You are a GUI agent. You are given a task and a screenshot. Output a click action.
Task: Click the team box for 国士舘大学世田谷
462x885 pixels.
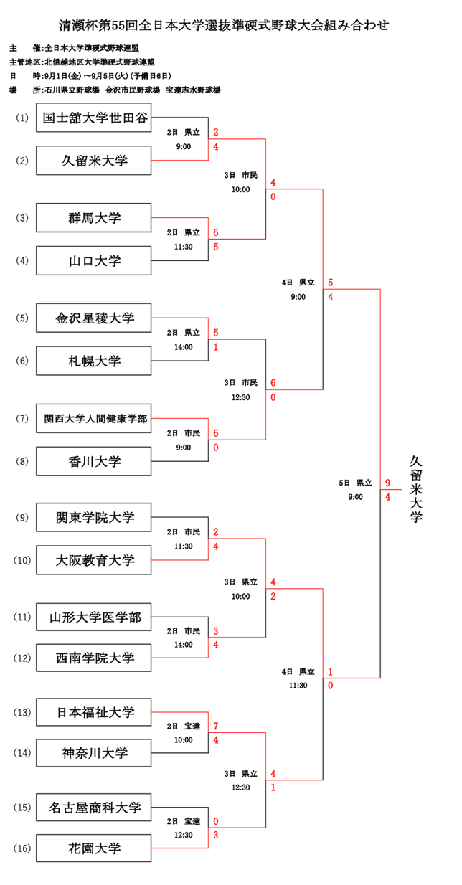coord(94,118)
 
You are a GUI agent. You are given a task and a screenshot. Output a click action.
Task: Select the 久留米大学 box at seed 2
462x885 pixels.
coord(94,161)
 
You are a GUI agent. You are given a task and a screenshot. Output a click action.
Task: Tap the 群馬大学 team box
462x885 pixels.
coord(94,217)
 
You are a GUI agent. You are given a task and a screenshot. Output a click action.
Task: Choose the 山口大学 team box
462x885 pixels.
coord(94,261)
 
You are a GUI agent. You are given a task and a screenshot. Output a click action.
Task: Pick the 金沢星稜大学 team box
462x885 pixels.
coord(94,318)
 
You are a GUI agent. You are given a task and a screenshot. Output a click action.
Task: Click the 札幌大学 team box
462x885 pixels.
coord(94,361)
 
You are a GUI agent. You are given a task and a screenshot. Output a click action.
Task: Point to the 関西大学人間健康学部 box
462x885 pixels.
coord(94,418)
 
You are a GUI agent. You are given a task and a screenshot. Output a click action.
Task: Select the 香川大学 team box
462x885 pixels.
coord(94,461)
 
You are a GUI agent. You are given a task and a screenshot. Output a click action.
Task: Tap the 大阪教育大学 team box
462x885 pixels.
coord(94,560)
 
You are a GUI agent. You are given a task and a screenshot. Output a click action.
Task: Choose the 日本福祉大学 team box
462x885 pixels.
coord(94,712)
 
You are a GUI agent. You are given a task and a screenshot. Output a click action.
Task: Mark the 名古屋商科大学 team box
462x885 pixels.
coord(94,808)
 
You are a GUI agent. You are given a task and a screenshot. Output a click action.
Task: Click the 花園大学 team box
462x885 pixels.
coord(94,849)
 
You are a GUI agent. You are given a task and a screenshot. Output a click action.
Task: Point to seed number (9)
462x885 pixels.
coord(22,517)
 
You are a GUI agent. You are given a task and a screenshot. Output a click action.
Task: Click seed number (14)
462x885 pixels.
coord(22,753)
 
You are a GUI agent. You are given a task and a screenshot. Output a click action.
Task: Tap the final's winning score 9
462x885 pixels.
coord(387,483)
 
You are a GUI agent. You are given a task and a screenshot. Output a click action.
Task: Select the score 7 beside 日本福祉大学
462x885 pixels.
coord(216,726)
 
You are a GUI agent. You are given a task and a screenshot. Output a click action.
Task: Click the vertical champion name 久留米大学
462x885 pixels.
coord(416,488)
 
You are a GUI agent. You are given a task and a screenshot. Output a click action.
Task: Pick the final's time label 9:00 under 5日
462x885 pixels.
coord(355,497)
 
